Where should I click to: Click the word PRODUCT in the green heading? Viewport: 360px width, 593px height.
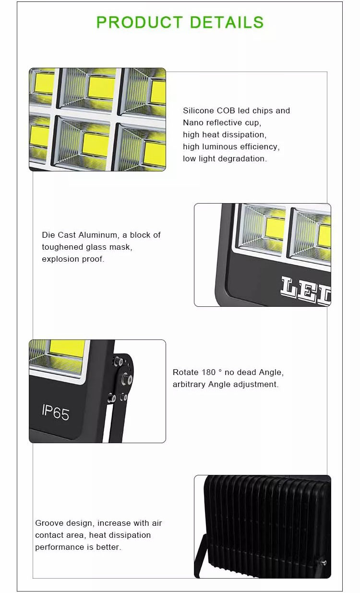[x=139, y=22]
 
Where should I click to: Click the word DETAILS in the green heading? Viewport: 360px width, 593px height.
[x=227, y=22]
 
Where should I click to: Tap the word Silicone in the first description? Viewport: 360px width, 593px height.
[x=199, y=110]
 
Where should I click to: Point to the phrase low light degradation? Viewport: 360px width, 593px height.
[x=225, y=158]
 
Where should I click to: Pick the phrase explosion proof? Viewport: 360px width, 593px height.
[x=73, y=259]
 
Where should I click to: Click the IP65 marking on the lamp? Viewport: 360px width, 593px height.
[x=56, y=411]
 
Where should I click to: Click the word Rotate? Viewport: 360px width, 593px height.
[x=185, y=372]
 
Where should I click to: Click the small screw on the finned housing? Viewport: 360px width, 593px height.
[x=324, y=562]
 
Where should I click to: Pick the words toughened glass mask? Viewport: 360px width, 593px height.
[x=87, y=247]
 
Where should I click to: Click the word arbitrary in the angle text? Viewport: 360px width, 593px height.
[x=189, y=384]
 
